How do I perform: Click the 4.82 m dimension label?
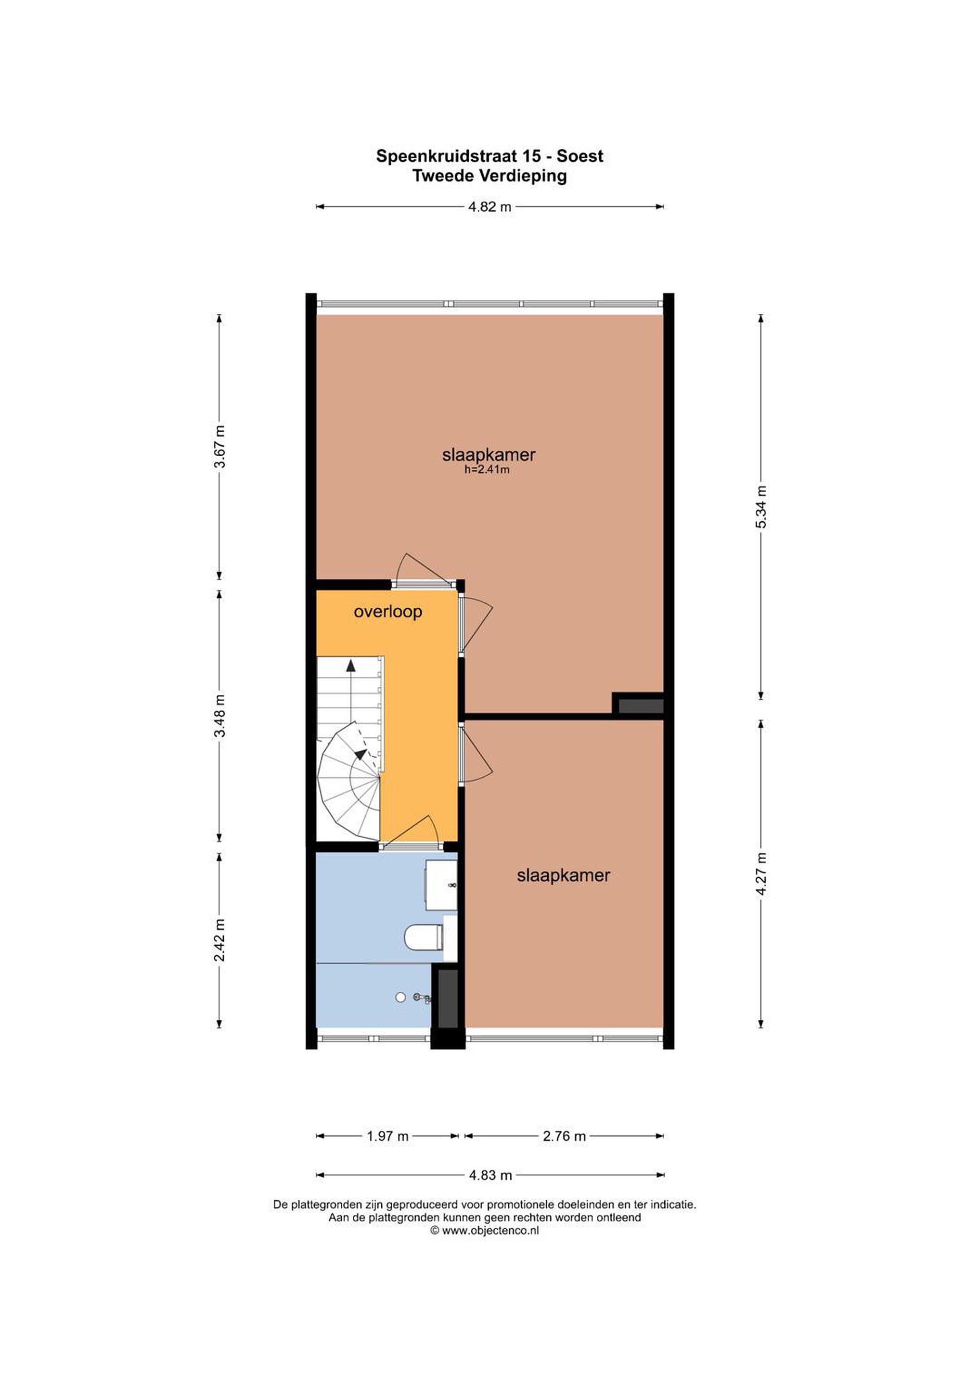[x=490, y=207]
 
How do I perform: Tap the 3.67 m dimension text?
[x=220, y=446]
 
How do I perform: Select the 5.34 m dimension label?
[x=761, y=507]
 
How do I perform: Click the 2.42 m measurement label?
[x=220, y=940]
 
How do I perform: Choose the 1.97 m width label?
[x=387, y=1137]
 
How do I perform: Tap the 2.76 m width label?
[x=564, y=1137]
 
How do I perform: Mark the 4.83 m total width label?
[x=490, y=1175]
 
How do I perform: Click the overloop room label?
[x=387, y=612]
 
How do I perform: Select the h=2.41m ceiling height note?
[x=487, y=469]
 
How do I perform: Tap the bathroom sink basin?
[x=441, y=885]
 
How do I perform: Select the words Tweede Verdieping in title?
[x=489, y=176]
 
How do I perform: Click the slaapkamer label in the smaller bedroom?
[x=563, y=875]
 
